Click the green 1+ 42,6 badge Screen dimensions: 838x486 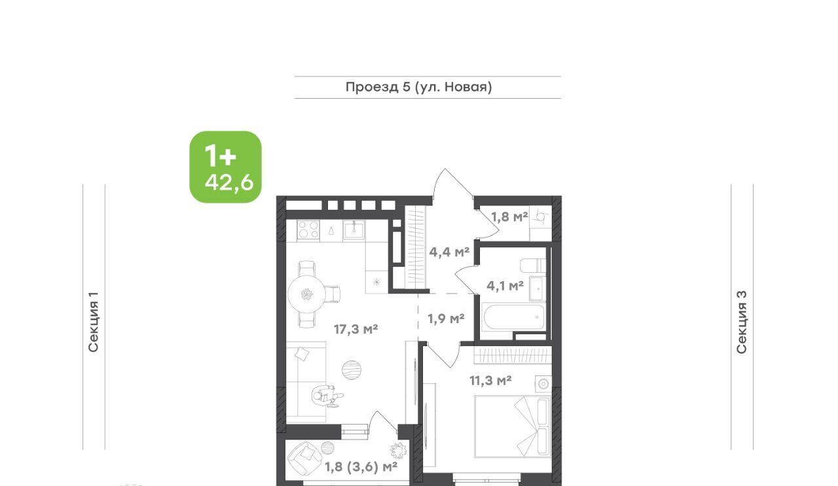coord(226,167)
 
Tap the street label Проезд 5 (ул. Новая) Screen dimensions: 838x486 coord(418,87)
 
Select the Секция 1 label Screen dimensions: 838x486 coord(93,322)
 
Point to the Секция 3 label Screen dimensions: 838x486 coord(742,322)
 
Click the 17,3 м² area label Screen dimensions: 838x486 coord(355,329)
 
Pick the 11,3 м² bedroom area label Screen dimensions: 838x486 coord(490,381)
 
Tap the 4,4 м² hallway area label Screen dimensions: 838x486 coord(449,252)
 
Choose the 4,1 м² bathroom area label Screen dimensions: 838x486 coord(505,286)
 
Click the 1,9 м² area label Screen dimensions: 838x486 coord(446,319)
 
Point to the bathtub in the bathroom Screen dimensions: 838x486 coord(514,317)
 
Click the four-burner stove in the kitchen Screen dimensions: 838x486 coord(308,229)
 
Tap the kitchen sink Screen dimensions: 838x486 coord(354,229)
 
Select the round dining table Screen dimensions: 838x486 coord(307,294)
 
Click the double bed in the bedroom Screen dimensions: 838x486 coord(513,426)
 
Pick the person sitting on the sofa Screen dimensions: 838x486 coord(327,396)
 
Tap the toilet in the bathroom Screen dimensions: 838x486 coord(533,266)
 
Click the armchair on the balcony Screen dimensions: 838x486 coord(304,459)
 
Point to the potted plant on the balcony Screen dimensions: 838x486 coord(398,451)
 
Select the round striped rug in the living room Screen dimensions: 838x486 coord(352,370)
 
